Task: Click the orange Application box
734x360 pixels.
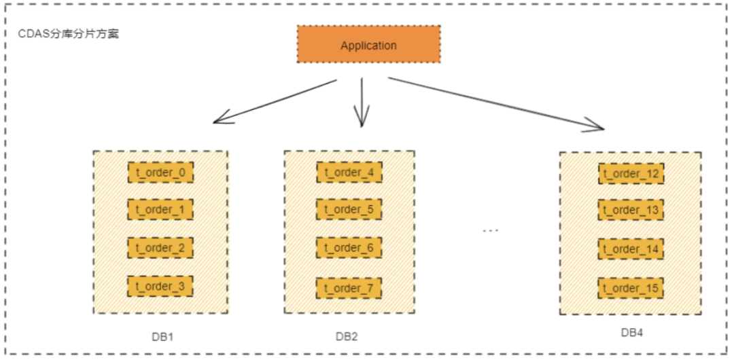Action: click(x=368, y=46)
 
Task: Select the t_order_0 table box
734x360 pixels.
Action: click(x=160, y=173)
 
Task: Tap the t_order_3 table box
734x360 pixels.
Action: click(x=160, y=287)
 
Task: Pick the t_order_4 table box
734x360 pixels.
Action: click(x=349, y=173)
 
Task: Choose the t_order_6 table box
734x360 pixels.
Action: click(x=349, y=248)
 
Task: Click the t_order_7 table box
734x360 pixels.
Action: click(x=349, y=288)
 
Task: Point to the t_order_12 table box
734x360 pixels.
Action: click(x=631, y=174)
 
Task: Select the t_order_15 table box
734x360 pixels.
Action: click(x=631, y=289)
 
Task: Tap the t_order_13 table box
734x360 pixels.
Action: click(x=631, y=211)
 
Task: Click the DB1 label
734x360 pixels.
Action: click(x=163, y=336)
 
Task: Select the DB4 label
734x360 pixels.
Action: click(x=631, y=333)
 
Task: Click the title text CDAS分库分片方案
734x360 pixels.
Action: click(x=68, y=33)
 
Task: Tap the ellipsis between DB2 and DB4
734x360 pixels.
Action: click(x=491, y=231)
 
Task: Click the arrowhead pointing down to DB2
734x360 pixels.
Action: click(x=362, y=122)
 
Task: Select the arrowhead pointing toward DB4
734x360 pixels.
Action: click(x=598, y=126)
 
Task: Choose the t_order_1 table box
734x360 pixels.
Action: click(x=160, y=210)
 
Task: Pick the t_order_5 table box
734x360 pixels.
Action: click(x=349, y=209)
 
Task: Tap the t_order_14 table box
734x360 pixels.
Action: click(x=631, y=249)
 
